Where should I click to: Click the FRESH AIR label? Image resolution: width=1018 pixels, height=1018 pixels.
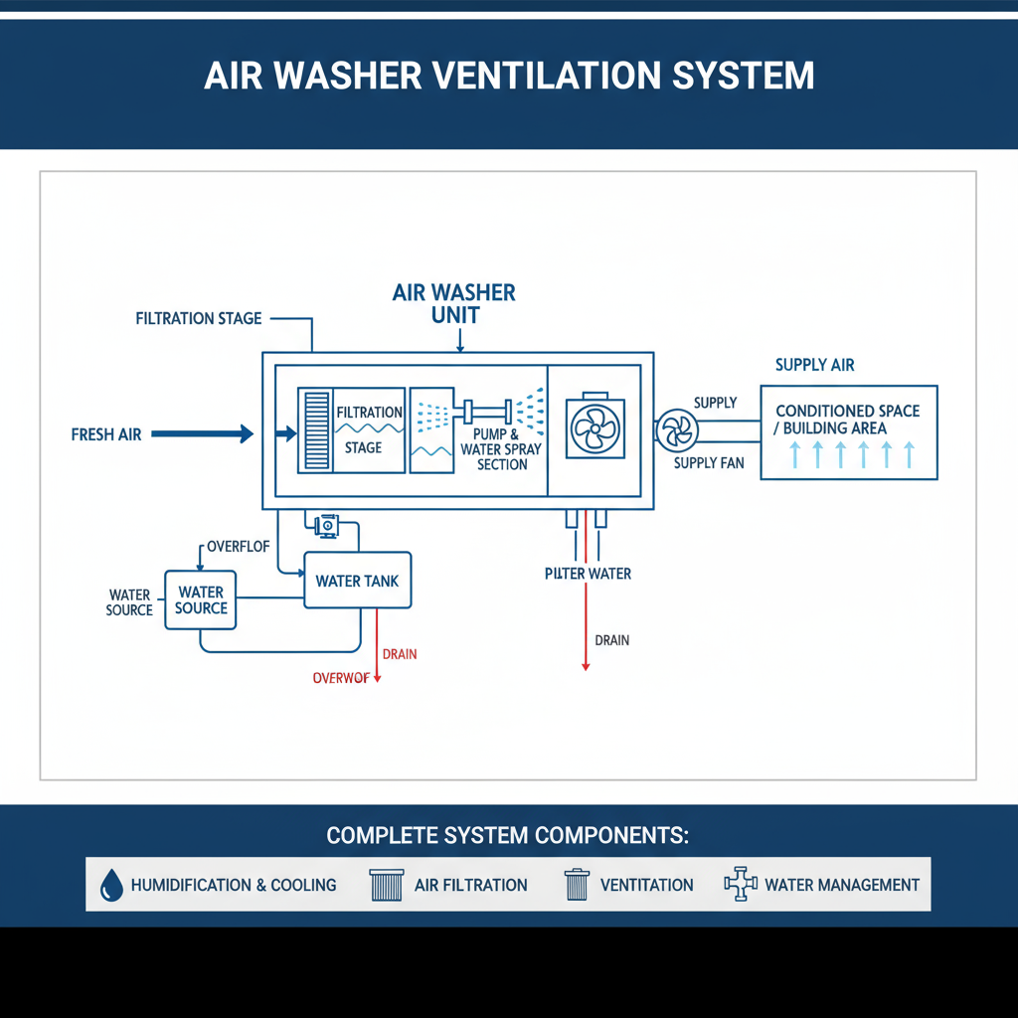point(106,434)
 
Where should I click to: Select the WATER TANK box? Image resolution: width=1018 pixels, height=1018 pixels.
point(357,581)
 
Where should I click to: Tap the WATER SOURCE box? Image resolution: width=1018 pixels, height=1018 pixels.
point(201,599)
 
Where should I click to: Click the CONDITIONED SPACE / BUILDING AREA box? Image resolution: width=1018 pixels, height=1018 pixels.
point(848,433)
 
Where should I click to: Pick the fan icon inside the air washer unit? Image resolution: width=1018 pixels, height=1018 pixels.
point(594,429)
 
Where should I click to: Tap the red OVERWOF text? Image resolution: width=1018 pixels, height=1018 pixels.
point(341,678)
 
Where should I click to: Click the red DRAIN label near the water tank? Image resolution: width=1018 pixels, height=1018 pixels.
point(400,654)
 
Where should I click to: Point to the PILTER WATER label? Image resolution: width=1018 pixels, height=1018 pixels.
point(588,574)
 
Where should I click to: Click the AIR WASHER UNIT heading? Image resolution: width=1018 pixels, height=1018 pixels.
point(454,303)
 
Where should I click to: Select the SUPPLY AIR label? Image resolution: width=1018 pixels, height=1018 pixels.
point(814,365)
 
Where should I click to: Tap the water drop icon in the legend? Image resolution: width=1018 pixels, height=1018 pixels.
point(111,884)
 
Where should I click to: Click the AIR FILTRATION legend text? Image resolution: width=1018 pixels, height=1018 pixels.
point(470,885)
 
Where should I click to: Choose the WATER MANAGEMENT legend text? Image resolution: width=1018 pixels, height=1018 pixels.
point(841,885)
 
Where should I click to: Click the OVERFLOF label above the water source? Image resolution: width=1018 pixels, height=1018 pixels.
point(237,547)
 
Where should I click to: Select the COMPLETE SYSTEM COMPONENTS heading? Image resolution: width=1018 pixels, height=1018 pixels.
point(507,835)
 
